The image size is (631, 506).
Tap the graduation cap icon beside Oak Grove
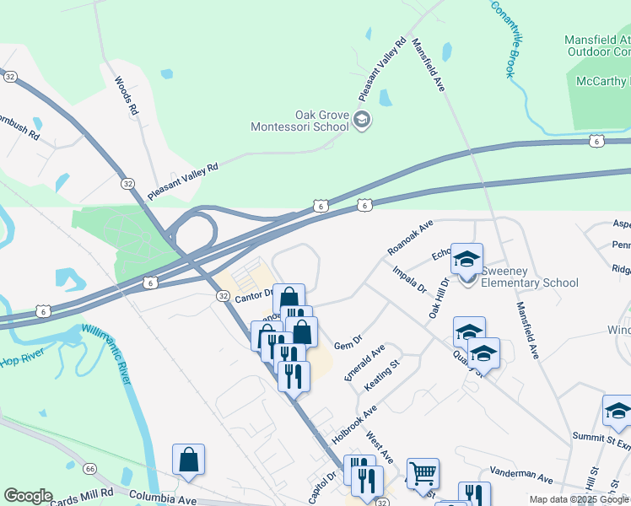[362, 121]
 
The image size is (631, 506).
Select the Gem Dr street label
[347, 344]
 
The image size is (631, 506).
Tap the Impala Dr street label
[409, 279]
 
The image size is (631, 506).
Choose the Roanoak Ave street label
[410, 238]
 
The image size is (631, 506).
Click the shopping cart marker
[423, 473]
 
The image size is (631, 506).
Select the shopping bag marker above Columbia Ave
[189, 460]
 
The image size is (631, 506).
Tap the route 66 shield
[90, 468]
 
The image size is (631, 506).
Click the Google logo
[28, 496]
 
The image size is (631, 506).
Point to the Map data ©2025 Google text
[579, 499]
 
